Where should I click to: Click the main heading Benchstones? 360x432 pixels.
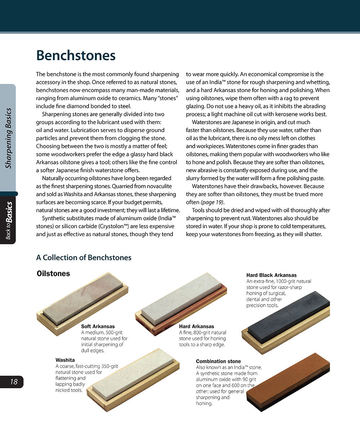tap(76, 56)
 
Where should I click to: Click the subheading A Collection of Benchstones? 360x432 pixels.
tap(84, 258)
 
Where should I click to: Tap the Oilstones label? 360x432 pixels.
tap(53, 274)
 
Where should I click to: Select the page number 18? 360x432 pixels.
tap(13, 382)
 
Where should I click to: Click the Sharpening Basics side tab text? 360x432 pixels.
tap(9, 138)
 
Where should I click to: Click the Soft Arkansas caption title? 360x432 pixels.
tap(98, 327)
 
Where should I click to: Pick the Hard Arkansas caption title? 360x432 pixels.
tap(197, 327)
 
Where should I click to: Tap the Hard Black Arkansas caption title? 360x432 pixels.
tap(271, 275)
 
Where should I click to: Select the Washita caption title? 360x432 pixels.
tap(65, 360)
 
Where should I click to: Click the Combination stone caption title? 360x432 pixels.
tap(218, 361)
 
